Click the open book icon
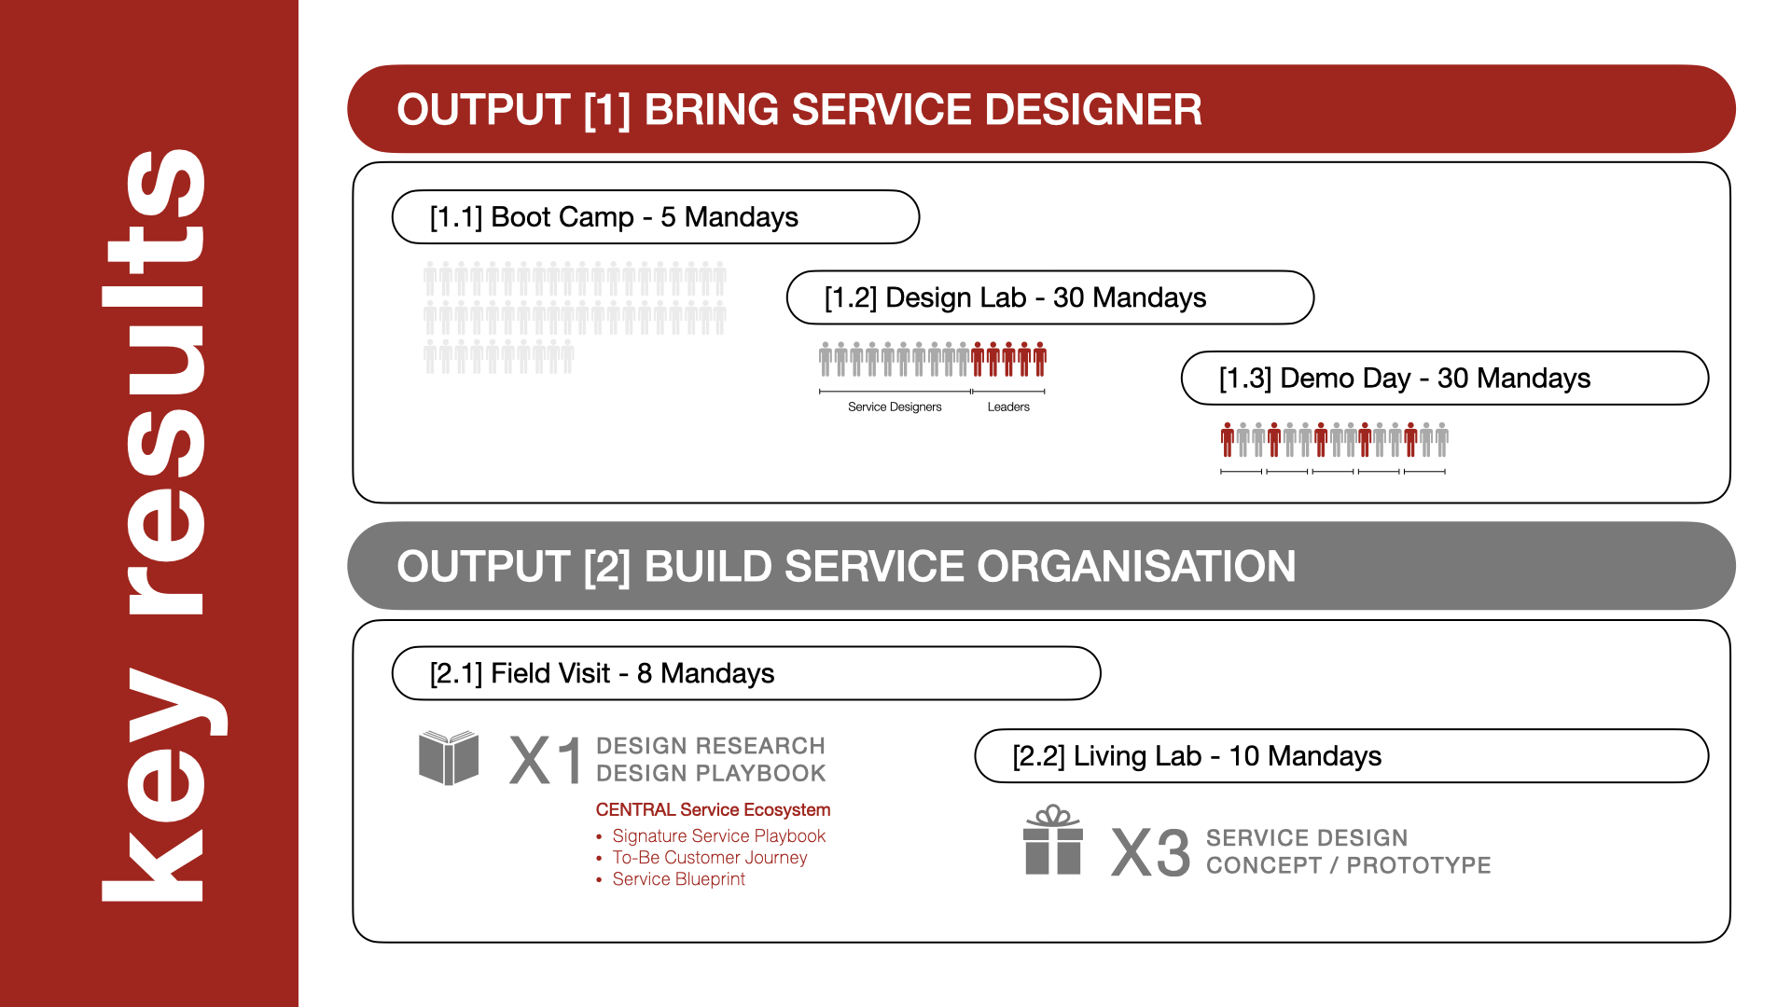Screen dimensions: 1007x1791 449,757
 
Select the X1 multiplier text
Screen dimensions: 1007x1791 546,760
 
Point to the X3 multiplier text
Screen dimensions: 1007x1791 1150,852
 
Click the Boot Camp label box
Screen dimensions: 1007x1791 655,217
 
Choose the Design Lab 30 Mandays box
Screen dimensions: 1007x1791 1049,297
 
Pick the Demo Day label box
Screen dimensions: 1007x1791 1444,378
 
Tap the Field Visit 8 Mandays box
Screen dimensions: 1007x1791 745,673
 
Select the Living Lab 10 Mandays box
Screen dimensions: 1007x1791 1340,755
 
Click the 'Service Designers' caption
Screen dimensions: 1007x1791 895,407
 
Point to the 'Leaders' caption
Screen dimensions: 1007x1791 1008,407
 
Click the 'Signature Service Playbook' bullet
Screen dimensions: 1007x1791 718,836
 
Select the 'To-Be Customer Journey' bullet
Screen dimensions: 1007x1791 709,858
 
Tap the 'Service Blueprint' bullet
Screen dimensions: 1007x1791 678,879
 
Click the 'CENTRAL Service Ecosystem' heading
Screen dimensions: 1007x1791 713,809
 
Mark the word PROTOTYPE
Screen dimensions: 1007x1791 1418,865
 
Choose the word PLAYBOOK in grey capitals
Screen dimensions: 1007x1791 765,773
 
